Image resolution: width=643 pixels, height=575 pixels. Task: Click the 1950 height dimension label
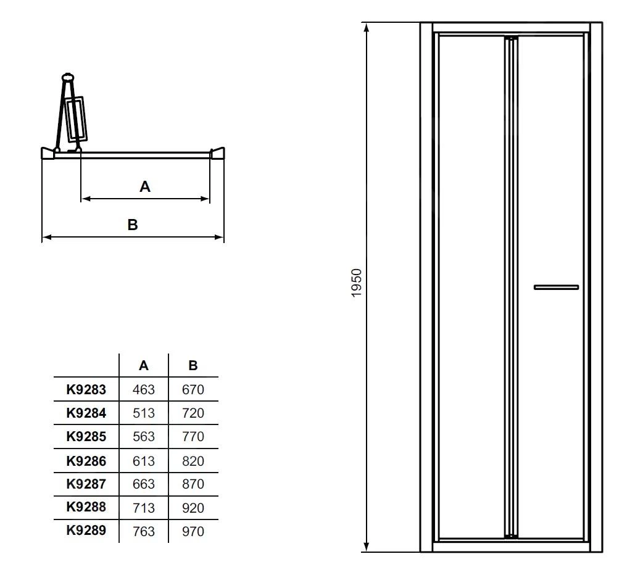[x=357, y=283]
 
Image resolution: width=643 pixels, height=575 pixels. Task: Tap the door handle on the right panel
[x=556, y=287]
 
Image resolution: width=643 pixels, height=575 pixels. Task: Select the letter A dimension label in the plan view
[x=145, y=186]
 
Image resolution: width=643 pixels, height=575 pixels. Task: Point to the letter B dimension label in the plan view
[x=133, y=225]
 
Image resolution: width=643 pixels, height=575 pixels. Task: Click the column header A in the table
[x=144, y=365]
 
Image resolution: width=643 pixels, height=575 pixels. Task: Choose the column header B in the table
[x=193, y=365]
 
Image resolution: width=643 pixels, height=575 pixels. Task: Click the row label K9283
[x=86, y=389]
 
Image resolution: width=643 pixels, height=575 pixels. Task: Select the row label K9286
[x=86, y=460]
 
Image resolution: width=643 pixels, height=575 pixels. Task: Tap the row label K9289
[x=86, y=530]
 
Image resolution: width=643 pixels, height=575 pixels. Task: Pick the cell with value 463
[x=144, y=389]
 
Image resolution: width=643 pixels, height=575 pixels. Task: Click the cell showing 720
[x=193, y=413]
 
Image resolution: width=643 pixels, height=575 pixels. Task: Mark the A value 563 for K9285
[x=144, y=436]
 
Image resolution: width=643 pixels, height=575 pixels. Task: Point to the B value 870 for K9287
[x=193, y=484]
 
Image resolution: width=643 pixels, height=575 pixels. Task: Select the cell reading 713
[x=144, y=508]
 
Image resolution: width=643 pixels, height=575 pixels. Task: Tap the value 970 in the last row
[x=193, y=531]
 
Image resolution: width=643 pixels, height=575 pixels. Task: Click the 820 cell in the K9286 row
[x=193, y=460]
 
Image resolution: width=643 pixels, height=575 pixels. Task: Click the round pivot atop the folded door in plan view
[x=67, y=78]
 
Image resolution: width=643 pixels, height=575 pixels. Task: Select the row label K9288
[x=86, y=507]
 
